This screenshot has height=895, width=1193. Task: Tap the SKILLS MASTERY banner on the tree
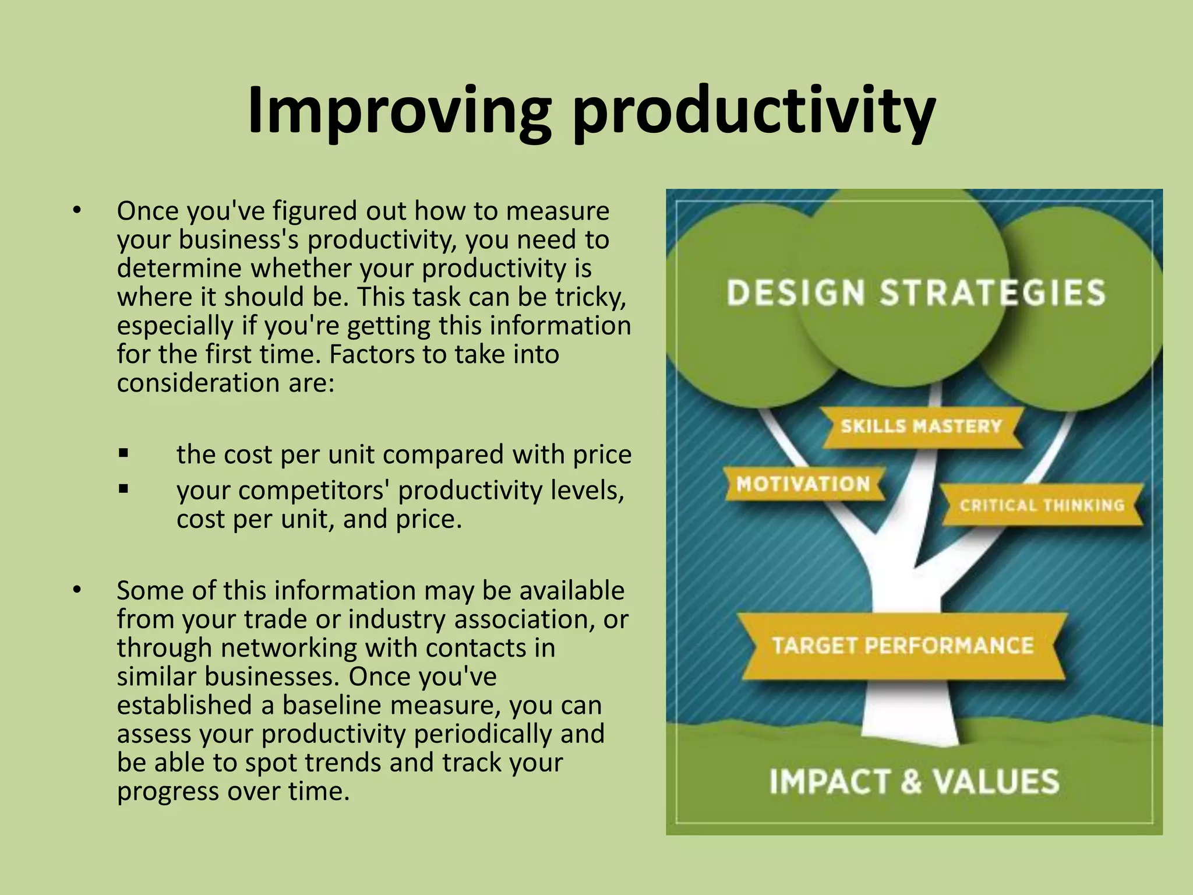921,427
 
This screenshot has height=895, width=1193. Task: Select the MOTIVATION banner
803,484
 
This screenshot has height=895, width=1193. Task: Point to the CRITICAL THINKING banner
1042,505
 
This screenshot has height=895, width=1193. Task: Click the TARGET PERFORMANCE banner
902,646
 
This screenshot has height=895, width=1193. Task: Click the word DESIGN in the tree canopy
796,293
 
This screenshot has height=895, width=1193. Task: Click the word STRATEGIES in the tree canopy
992,293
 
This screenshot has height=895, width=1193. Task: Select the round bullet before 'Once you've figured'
76,210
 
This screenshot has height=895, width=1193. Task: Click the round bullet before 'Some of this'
76,590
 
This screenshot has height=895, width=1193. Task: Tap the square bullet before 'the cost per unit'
123,453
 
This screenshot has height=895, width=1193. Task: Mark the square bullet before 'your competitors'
123,489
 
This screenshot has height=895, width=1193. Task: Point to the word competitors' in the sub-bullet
313,490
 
